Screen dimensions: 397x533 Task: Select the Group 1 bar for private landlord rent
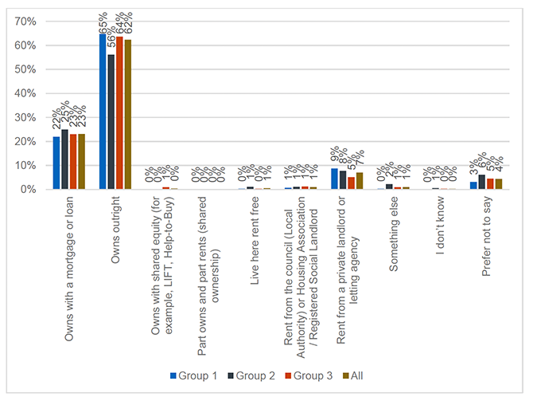point(334,179)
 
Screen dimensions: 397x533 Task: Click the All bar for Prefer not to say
point(499,184)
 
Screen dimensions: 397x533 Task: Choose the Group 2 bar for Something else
point(388,187)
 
